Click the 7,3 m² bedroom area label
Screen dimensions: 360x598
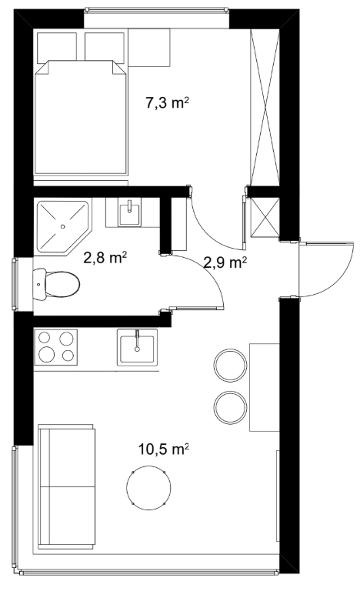point(168,102)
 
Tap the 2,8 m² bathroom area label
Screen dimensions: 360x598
point(105,258)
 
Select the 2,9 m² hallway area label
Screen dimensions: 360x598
point(225,262)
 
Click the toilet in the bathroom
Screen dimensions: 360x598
point(56,284)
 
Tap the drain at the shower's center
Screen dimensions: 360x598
point(63,226)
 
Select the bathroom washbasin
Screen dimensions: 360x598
point(130,212)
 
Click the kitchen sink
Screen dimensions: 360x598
point(137,347)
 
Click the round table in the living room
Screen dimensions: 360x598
point(148,487)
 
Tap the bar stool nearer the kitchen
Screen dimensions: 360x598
point(230,365)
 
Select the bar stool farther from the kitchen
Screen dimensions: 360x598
point(230,407)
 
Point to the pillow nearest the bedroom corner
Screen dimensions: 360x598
point(57,48)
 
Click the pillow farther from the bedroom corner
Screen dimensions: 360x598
point(105,47)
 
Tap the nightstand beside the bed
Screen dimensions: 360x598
point(149,48)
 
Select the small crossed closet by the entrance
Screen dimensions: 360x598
point(265,217)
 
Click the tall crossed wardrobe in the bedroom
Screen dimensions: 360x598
point(265,107)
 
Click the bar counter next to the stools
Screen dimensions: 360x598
point(265,387)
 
